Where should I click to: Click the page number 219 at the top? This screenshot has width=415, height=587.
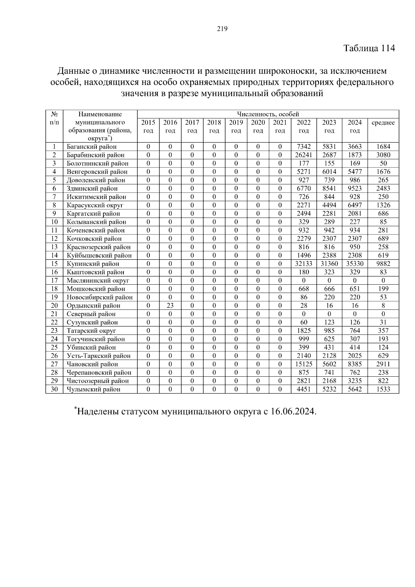pos(222,29)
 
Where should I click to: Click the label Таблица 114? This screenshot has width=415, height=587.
pos(369,48)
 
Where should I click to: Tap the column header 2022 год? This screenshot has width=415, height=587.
pos(304,127)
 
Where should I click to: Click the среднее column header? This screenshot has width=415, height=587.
pos(383,123)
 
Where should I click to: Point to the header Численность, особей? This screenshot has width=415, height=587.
pos(268,114)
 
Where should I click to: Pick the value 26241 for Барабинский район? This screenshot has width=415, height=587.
pos(304,155)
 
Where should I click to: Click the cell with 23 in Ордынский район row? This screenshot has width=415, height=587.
pos(170,305)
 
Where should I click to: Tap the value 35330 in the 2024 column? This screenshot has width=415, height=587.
pos(355,264)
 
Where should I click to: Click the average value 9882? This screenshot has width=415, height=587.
pos(383,264)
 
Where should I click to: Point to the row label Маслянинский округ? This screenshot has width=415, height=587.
pos(98,281)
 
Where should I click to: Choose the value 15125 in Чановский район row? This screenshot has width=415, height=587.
pos(304,364)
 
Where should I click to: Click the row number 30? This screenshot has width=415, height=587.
pos(54,389)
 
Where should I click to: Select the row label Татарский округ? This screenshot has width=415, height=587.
pos(91,331)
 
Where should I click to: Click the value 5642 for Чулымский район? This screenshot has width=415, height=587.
pos(355,389)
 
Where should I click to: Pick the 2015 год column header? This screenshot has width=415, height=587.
pos(148,127)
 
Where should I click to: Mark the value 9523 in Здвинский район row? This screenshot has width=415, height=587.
pos(355,189)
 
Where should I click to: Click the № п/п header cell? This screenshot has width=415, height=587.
pos(54,118)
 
